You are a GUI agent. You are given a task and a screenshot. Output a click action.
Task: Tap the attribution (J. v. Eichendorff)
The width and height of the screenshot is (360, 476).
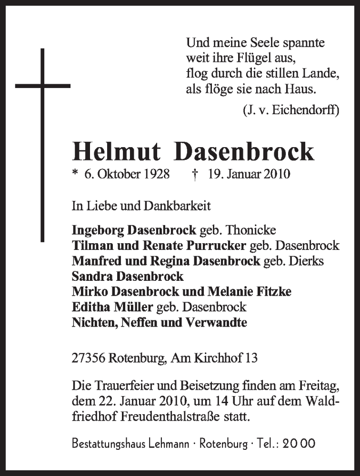(290, 111)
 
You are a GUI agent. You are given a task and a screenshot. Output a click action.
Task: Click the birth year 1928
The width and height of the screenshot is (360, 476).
(156, 174)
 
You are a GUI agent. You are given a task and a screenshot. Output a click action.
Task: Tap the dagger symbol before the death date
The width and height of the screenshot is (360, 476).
(195, 174)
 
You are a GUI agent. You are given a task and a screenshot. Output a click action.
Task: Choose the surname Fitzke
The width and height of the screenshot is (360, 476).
(274, 292)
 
